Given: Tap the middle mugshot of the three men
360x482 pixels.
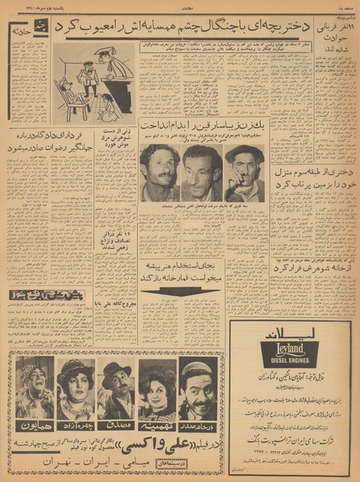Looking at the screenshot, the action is [x=201, y=173].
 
